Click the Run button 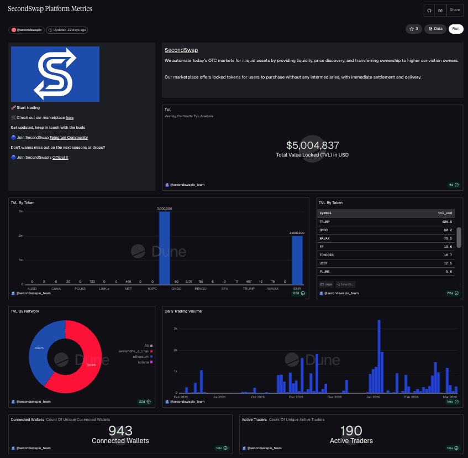click(456, 29)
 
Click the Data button click(435, 29)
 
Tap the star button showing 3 click(413, 29)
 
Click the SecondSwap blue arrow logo click(55, 74)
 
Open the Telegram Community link click(69, 137)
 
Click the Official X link click(60, 158)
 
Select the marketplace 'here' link click(70, 117)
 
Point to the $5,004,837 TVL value click(312, 145)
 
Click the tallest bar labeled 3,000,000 click(165, 249)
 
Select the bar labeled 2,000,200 click(297, 260)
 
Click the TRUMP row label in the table click(325, 221)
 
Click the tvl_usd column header click(445, 212)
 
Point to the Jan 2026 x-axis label click(372, 397)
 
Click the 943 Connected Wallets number click(120, 431)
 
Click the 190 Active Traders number click(351, 431)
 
